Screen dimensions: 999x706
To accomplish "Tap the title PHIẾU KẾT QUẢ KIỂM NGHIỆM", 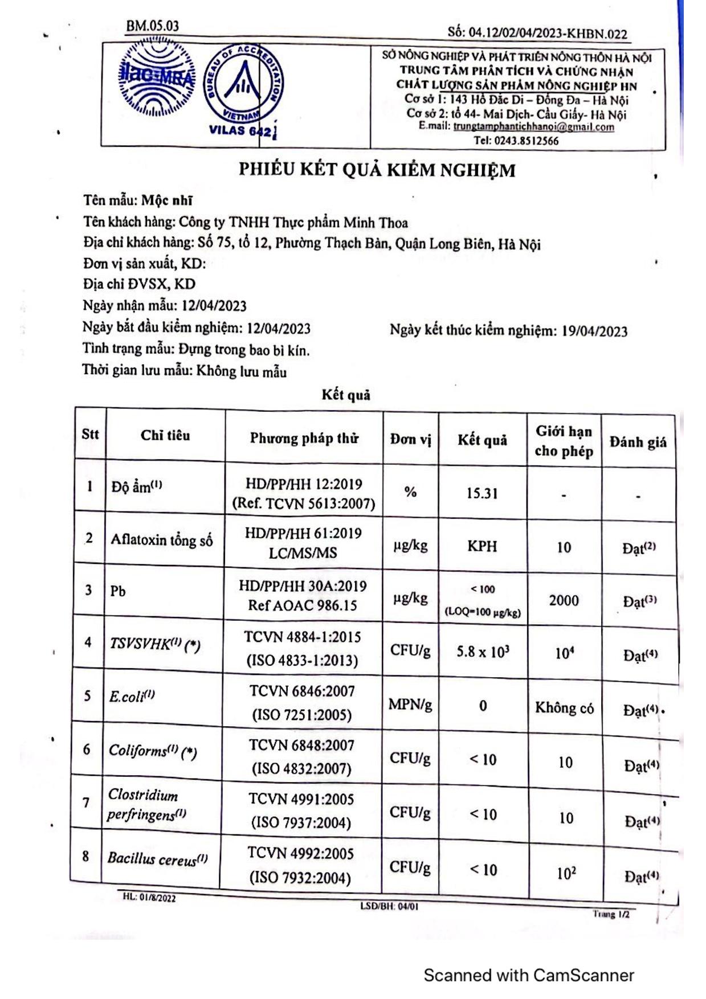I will [x=377, y=170].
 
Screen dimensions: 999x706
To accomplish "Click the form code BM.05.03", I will [x=152, y=26].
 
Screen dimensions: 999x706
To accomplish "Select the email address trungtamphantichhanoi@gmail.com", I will [x=533, y=127].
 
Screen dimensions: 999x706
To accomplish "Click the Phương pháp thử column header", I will [x=304, y=438].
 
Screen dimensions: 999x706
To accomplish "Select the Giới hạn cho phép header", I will [x=564, y=441].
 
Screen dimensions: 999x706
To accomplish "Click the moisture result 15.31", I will [x=482, y=493].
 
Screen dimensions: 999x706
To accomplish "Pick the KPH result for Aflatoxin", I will [x=482, y=547].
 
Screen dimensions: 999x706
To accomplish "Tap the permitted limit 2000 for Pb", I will [x=564, y=600].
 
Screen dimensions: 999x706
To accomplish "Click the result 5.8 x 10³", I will [x=483, y=652].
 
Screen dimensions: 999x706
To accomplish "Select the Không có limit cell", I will [x=564, y=708].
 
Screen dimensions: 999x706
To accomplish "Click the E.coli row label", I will [x=132, y=697].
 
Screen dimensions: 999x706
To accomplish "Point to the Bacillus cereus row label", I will [x=157, y=858].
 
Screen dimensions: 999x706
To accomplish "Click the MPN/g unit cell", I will [x=410, y=705].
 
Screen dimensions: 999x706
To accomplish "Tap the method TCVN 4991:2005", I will [x=301, y=800].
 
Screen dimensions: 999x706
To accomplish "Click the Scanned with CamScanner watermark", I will [x=528, y=975].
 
